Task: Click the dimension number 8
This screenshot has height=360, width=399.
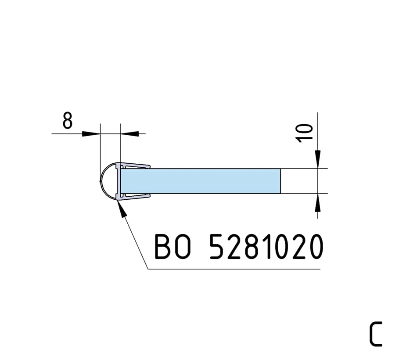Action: (x=68, y=121)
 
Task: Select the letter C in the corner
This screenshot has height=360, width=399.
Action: (x=376, y=334)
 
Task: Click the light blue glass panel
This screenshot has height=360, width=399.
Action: (x=201, y=181)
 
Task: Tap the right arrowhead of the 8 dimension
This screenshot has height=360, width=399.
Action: (x=129, y=133)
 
